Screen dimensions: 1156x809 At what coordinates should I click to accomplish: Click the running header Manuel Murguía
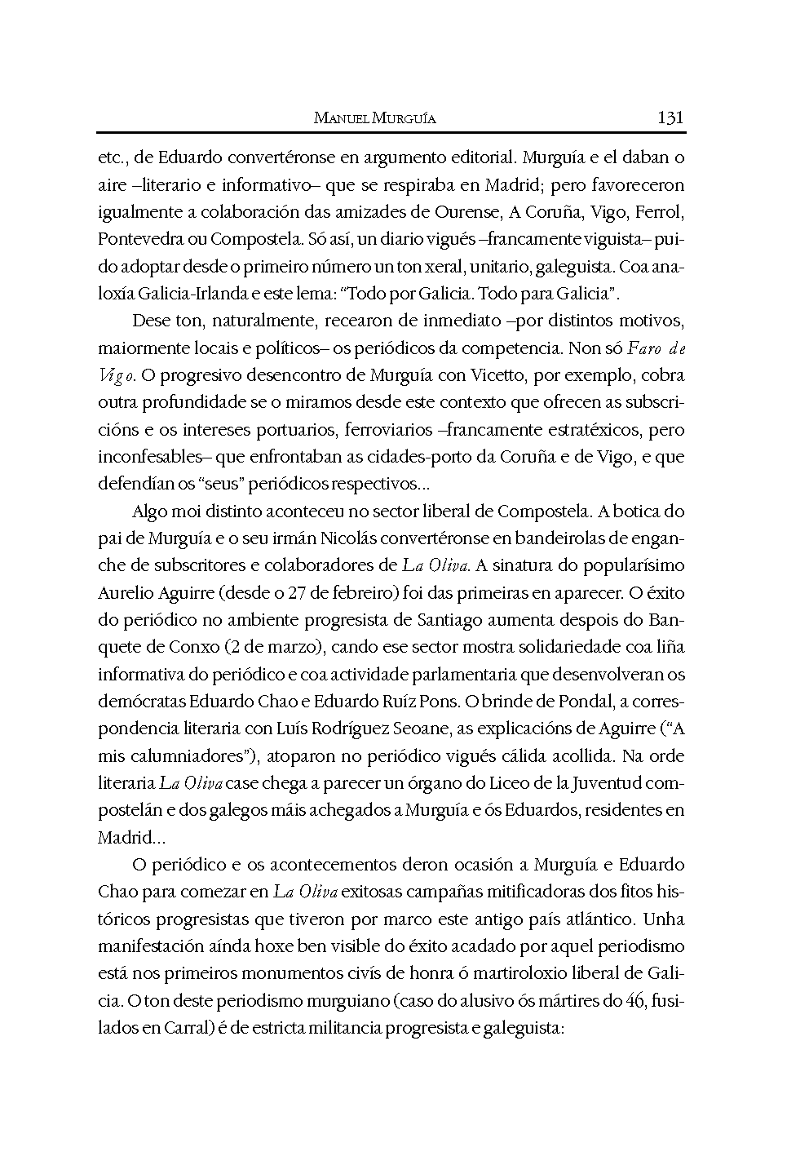pyautogui.click(x=374, y=118)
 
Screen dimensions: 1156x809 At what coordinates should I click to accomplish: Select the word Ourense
pyautogui.click(x=466, y=212)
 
